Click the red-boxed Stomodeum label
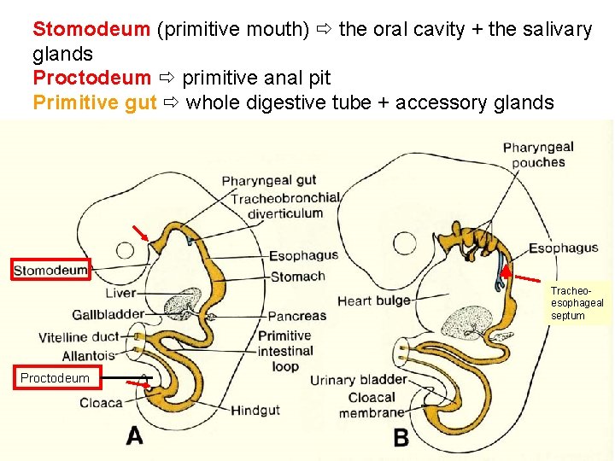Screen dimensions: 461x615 tap(50, 271)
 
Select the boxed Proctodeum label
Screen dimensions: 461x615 tap(55, 377)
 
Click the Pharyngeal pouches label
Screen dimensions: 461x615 tap(538, 155)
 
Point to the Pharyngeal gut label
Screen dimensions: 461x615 tap(269, 180)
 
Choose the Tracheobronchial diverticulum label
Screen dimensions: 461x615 tap(285, 205)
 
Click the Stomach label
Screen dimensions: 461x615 tap(297, 276)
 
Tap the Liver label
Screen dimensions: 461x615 tap(120, 294)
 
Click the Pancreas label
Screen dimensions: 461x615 tap(296, 316)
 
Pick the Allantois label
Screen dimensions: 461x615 tap(88, 356)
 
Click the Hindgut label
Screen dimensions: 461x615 tap(255, 411)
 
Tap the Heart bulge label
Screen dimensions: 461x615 tap(373, 301)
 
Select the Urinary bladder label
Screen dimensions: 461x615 tap(358, 380)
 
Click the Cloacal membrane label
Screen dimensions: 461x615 tap(372, 405)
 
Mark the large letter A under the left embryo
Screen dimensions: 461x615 tap(134, 435)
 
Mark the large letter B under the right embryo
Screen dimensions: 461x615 tap(401, 436)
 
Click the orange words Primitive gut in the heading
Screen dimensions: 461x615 tap(94, 103)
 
